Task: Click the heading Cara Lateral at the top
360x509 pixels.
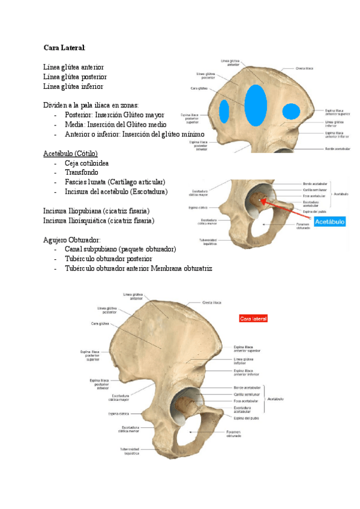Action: (x=64, y=47)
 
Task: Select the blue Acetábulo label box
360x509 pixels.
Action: (x=330, y=221)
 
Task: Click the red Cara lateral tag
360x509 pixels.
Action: (x=253, y=318)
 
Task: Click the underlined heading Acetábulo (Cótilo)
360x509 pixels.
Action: (x=70, y=153)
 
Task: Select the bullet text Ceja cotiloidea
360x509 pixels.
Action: (x=87, y=163)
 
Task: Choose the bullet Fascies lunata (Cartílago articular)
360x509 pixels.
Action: (x=115, y=182)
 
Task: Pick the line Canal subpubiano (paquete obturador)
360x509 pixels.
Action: (x=119, y=249)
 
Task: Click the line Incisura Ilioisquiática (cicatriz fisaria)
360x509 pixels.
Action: (x=98, y=220)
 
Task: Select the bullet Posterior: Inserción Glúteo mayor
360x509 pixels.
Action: (x=114, y=115)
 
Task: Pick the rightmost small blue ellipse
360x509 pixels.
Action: (x=292, y=111)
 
